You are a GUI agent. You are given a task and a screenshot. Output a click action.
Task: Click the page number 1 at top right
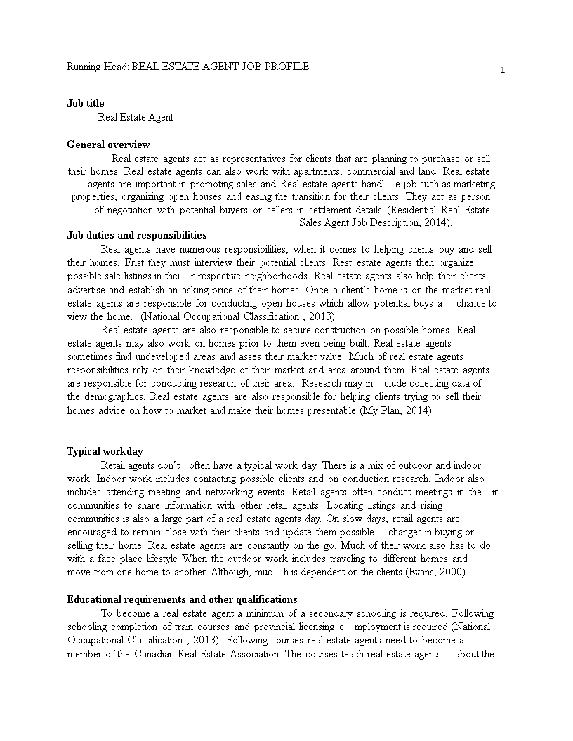click(x=503, y=69)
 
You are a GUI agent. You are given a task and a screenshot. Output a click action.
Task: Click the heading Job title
click(x=85, y=103)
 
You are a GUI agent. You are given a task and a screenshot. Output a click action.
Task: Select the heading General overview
click(x=108, y=145)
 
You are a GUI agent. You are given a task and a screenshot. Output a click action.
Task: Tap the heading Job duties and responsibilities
click(x=136, y=235)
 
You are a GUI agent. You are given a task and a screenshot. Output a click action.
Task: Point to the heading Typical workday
click(x=105, y=451)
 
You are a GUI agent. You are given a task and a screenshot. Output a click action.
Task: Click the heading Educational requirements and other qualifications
click(x=182, y=599)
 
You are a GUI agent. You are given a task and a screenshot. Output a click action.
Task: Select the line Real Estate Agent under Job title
click(x=136, y=117)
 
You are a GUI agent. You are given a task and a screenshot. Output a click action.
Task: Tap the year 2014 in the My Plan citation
click(x=419, y=410)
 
